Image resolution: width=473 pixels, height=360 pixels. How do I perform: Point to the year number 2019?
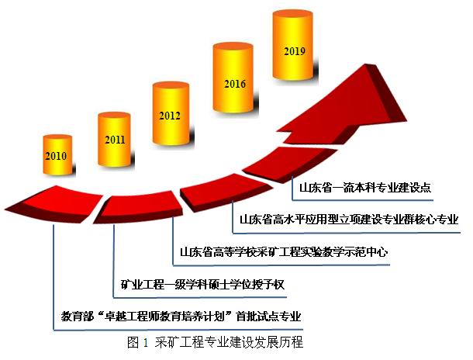coord(294,52)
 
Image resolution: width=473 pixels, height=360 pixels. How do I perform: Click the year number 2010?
coord(55,156)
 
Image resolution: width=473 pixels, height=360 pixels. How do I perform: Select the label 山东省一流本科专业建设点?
coord(364,188)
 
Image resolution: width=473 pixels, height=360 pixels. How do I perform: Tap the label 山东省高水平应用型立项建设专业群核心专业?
coord(350,220)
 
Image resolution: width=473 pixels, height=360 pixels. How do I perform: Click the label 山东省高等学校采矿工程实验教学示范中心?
coord(282,251)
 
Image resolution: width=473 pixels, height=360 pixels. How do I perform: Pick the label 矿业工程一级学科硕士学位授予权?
coord(203,284)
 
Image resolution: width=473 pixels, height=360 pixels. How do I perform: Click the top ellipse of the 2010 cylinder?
coord(55,138)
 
